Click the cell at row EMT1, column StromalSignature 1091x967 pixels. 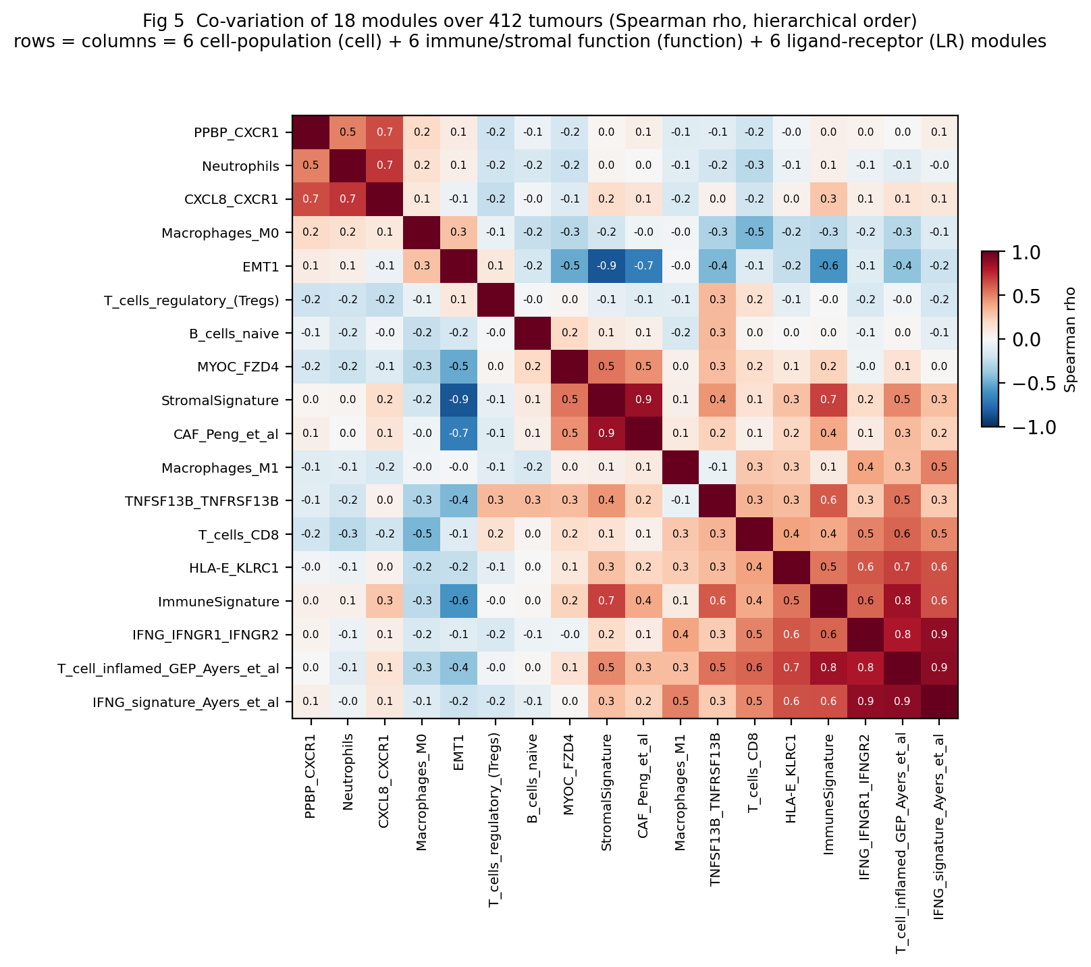(606, 266)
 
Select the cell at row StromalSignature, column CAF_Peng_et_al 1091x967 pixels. (643, 400)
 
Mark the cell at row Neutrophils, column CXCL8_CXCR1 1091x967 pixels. (384, 165)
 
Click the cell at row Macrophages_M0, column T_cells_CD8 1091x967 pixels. (754, 232)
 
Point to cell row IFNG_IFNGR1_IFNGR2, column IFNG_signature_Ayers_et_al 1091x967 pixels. (939, 635)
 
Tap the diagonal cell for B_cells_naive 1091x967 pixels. (532, 334)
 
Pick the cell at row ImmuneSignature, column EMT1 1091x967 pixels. (458, 602)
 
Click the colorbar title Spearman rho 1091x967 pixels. (1069, 339)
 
